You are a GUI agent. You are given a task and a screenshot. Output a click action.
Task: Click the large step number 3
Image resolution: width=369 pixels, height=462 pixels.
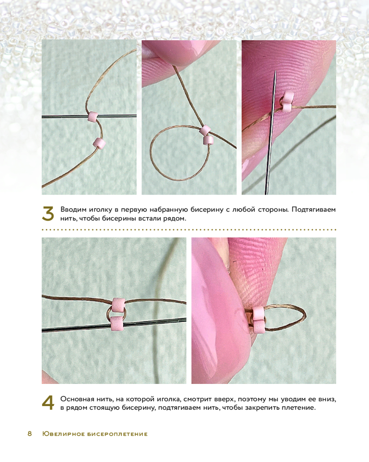click(48, 213)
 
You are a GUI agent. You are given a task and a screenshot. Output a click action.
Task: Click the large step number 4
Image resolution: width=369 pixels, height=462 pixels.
click(48, 403)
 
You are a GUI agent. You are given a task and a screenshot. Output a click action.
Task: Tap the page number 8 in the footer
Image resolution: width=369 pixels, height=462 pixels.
click(30, 434)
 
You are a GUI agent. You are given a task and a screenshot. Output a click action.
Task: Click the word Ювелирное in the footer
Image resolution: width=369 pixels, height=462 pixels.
click(64, 434)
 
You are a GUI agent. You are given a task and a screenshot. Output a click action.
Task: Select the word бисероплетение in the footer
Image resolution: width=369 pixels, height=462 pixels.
click(118, 434)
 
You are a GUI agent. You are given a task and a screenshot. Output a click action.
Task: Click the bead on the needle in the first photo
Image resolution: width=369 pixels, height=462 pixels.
click(94, 117)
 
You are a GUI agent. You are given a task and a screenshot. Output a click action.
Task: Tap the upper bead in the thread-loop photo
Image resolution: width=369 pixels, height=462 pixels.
click(205, 130)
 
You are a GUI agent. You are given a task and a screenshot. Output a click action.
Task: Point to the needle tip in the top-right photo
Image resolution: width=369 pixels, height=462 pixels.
click(274, 70)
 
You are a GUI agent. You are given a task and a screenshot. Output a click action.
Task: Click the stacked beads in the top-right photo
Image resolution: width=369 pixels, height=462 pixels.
click(285, 102)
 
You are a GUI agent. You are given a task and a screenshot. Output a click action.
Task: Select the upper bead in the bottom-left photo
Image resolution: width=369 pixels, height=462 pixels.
click(119, 305)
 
